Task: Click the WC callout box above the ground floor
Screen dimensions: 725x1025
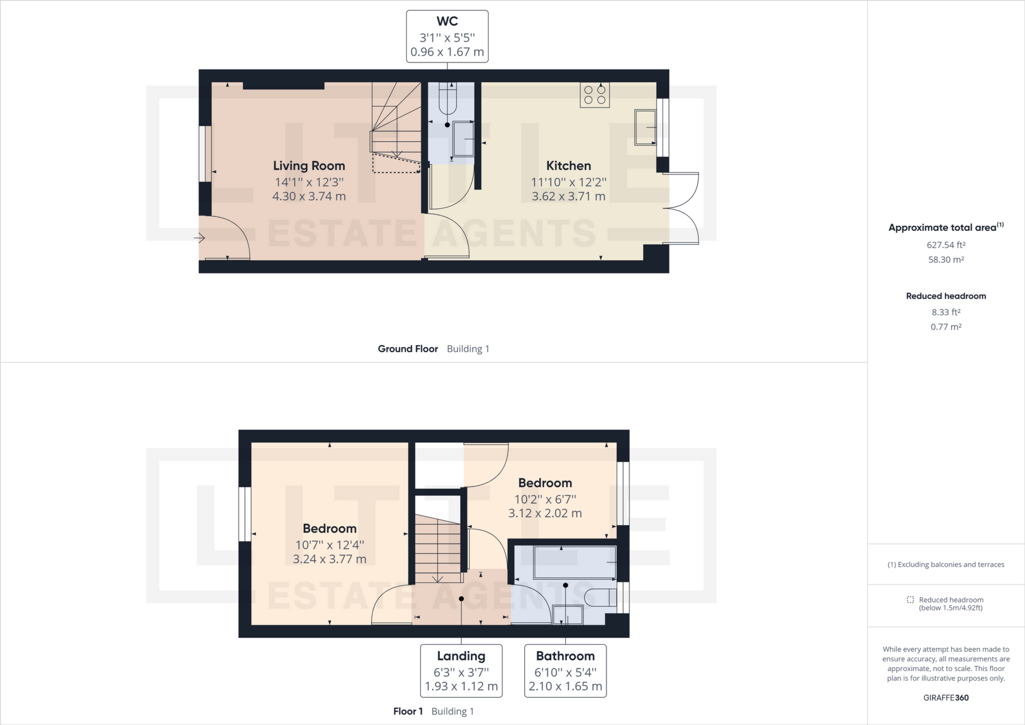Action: pos(447,36)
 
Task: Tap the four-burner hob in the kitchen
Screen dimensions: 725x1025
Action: pos(595,95)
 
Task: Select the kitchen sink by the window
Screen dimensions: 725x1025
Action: pos(645,127)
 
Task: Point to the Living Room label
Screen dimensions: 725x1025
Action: pos(309,166)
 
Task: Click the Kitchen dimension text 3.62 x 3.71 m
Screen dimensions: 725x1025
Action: pos(568,196)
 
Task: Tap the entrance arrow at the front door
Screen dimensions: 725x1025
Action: pos(200,237)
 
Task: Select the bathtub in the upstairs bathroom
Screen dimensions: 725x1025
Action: pos(574,562)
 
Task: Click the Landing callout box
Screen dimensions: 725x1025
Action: pos(461,671)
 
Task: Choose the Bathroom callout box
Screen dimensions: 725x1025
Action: pos(565,671)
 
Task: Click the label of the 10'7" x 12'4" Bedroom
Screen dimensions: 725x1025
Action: pos(329,528)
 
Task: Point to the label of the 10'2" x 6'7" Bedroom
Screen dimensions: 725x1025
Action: pos(545,483)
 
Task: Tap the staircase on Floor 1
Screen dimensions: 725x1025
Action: pos(438,550)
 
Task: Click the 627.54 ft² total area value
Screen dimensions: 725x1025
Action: pos(945,245)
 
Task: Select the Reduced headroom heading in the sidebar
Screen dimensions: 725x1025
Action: pos(945,296)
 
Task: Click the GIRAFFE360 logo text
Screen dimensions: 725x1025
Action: pos(945,698)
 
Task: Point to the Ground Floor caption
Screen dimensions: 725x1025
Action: pos(408,349)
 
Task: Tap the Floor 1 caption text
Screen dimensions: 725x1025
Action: pos(408,711)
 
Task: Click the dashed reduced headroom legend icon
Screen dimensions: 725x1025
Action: pos(910,600)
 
